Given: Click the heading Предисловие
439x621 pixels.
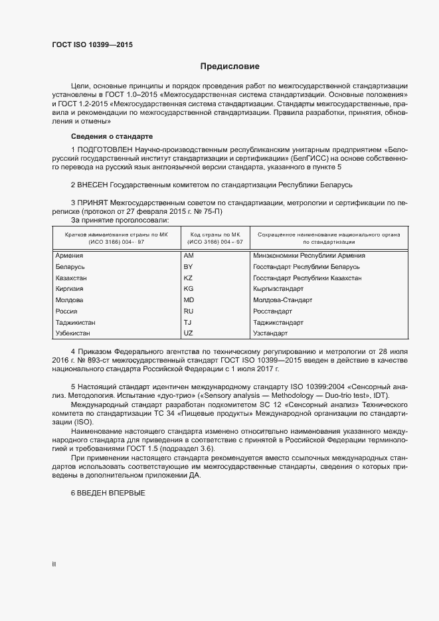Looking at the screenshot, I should (x=230, y=66).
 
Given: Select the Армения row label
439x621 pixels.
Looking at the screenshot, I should (x=69, y=256).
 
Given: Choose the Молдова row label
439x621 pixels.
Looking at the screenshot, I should (x=70, y=300).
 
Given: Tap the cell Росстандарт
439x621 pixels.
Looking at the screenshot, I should (x=272, y=311).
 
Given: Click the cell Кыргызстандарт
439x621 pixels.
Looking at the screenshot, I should (x=278, y=289).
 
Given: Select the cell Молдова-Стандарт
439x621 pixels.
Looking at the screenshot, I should (x=282, y=300).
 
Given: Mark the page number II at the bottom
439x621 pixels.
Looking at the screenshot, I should (x=54, y=565).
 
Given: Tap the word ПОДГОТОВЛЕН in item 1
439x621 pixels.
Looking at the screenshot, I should (x=106, y=151).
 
